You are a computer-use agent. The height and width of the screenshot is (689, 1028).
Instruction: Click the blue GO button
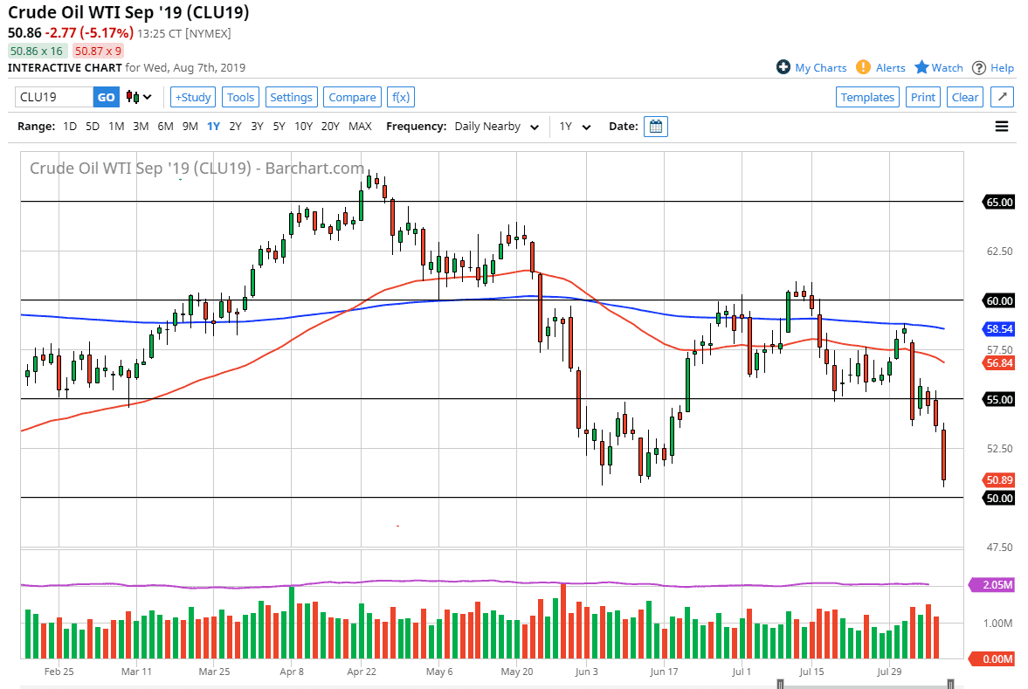(106, 97)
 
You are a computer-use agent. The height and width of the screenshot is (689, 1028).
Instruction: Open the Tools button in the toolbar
(240, 97)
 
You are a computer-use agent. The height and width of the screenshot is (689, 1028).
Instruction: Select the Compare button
(352, 97)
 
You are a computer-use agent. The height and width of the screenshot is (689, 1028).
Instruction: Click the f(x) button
(400, 97)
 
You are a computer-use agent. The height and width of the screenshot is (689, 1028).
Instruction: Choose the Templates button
(867, 97)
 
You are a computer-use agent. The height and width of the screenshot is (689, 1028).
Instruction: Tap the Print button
(922, 97)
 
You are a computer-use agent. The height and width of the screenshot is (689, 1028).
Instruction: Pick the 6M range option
(165, 127)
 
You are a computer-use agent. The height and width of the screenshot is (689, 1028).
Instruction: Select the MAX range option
(360, 127)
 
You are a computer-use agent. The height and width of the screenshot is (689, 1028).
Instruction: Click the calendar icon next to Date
(656, 127)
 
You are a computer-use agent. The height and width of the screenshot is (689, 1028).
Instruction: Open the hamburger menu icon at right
(1002, 127)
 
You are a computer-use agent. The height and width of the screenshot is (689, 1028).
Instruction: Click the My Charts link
(811, 67)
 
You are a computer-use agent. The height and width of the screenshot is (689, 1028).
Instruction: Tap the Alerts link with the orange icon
(881, 67)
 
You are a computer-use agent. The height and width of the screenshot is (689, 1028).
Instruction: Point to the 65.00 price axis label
(999, 202)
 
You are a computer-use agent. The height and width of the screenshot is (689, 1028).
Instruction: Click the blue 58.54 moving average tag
(999, 329)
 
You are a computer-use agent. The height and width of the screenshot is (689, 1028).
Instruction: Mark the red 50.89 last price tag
(999, 480)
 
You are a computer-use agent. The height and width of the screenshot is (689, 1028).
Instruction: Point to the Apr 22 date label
(362, 672)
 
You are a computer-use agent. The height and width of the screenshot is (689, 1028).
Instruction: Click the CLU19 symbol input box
(53, 97)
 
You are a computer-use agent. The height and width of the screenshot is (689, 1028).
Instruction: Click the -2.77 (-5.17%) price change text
(97, 33)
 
